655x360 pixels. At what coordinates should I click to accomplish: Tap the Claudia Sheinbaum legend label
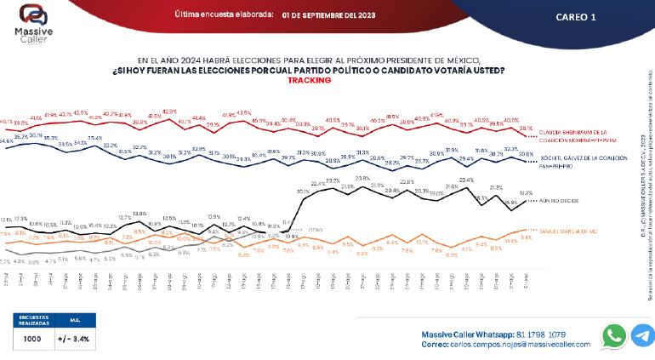click(x=574, y=135)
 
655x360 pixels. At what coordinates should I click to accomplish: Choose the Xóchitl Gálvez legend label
click(x=574, y=159)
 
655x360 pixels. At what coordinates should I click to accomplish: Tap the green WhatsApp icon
click(x=612, y=335)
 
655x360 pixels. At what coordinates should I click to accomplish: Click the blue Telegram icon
click(x=642, y=335)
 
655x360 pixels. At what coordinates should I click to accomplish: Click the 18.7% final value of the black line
click(x=525, y=194)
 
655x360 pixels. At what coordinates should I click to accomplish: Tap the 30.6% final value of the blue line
click(x=526, y=154)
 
